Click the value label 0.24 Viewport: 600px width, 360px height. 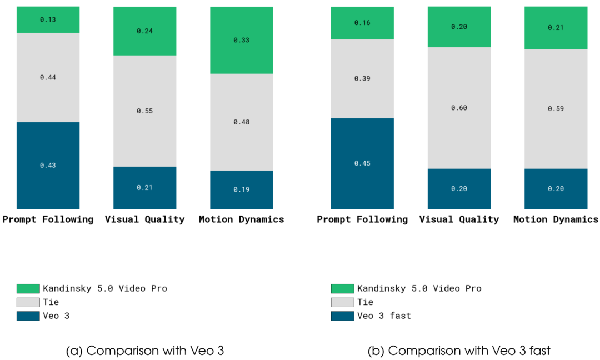coord(144,31)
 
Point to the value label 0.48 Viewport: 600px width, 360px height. coord(242,122)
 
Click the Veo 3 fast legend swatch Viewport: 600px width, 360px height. coord(342,316)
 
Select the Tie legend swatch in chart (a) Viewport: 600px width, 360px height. coord(28,302)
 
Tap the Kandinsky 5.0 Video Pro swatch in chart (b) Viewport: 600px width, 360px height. coord(342,288)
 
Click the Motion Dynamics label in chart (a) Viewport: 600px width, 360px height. coord(242,219)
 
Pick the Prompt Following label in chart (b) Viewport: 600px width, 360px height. coord(362,219)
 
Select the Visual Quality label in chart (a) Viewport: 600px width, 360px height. coord(144,219)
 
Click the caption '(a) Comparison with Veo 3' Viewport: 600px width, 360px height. coord(144,351)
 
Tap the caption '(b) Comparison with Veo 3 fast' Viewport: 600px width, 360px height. coord(459,351)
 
